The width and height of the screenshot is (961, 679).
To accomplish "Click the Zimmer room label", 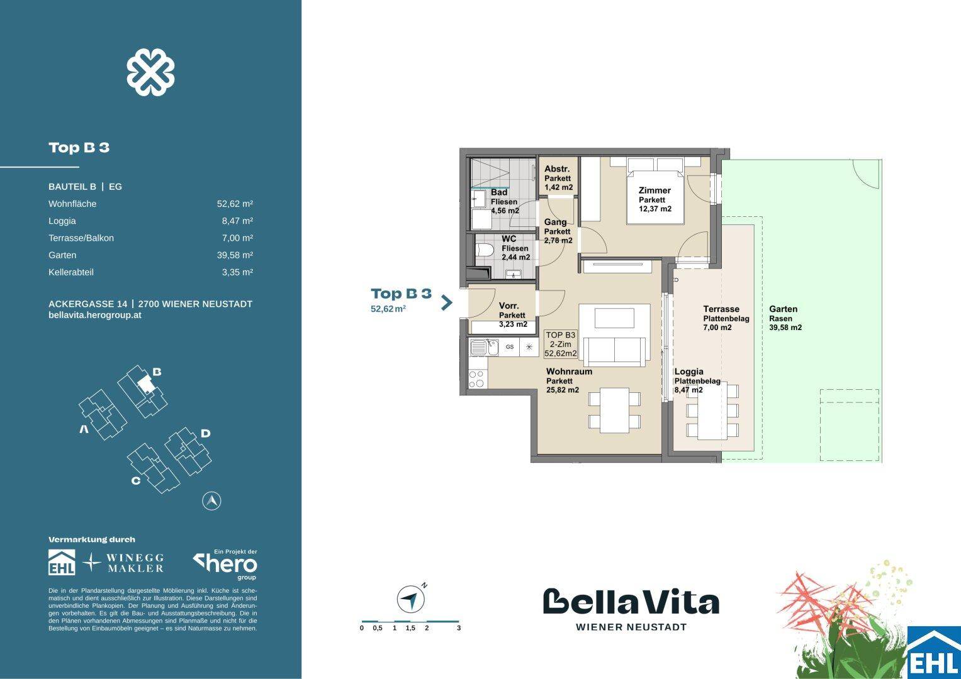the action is click(655, 190).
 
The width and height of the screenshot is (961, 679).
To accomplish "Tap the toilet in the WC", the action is click(485, 250).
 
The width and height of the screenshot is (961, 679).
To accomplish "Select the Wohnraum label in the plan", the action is click(569, 372).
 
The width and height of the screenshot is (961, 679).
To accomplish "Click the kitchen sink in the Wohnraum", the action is click(479, 346).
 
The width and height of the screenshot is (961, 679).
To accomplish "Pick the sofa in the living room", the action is click(614, 351).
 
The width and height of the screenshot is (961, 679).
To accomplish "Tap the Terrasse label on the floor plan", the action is click(721, 309).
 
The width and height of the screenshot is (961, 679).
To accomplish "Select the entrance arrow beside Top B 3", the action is click(447, 302).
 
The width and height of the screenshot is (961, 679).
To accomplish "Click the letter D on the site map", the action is click(205, 433).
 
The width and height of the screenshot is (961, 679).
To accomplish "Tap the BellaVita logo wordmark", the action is click(631, 602).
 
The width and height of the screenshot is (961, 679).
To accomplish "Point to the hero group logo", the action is click(225, 564).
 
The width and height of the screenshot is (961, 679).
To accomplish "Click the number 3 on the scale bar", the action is click(459, 628).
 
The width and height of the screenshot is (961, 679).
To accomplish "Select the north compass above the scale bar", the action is click(410, 599).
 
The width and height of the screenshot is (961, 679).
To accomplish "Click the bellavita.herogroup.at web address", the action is click(94, 315).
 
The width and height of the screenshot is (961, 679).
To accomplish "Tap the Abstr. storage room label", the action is click(557, 169).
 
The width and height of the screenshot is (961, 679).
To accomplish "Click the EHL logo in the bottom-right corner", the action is click(933, 654).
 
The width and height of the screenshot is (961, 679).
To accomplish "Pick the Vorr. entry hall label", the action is click(509, 306).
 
